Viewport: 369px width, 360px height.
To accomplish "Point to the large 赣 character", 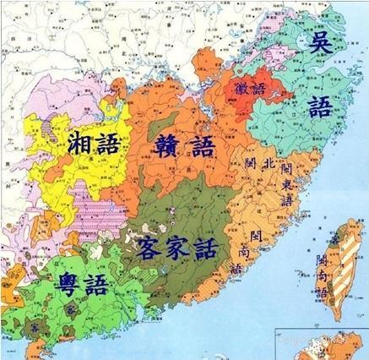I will [166, 145].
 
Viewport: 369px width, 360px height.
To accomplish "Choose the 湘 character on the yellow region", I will [70, 146].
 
